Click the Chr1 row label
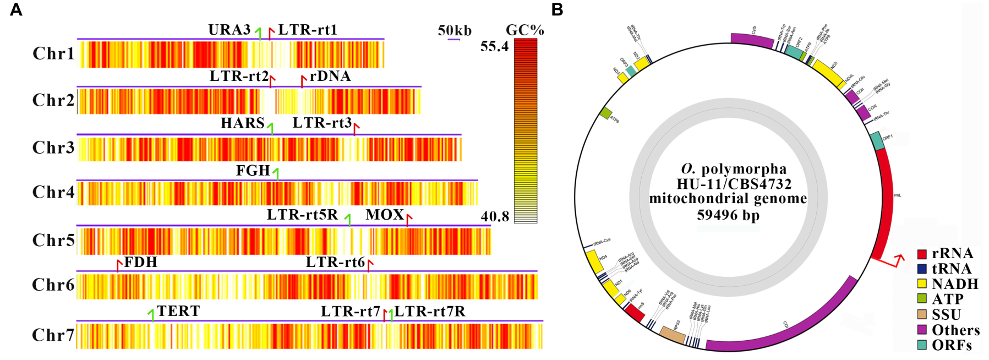pos(53,53)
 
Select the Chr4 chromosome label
pos(53,192)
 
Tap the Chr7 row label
pos(53,335)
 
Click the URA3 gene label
pos(229,30)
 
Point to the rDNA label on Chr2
pos(330,76)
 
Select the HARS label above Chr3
pos(243,123)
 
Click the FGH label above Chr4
pos(253,171)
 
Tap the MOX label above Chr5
pos(385,215)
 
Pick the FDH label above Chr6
pos(141,262)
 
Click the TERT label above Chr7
pos(178,311)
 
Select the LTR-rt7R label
pos(430,312)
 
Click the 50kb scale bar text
pos(455,31)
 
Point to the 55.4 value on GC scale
pos(494,46)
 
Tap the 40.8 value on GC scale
pos(495,216)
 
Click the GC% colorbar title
pos(524,30)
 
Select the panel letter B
pos(557,10)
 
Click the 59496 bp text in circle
pos(728,215)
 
